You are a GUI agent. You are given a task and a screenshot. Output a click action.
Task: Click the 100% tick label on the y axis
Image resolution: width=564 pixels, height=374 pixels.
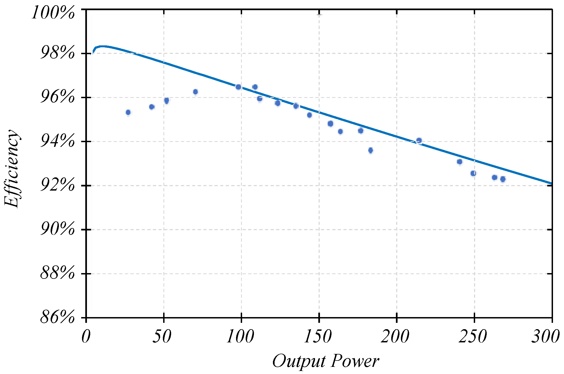[x=53, y=13]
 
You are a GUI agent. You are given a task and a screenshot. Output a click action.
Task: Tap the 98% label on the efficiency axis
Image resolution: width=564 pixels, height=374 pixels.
[x=57, y=53]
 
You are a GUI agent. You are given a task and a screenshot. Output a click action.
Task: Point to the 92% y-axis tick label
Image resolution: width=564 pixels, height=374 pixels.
[x=57, y=185]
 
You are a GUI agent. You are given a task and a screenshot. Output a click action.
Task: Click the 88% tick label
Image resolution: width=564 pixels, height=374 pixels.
[x=57, y=273]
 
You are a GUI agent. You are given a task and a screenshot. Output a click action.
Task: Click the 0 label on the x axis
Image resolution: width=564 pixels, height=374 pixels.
[x=86, y=337]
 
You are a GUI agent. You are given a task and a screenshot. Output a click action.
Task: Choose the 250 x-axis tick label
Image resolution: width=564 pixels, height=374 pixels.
[x=473, y=337]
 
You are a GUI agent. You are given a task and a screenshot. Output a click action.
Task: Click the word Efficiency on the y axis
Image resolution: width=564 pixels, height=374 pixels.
[x=12, y=168]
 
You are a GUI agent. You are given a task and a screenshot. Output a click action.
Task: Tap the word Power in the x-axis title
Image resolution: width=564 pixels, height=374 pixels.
[x=355, y=361]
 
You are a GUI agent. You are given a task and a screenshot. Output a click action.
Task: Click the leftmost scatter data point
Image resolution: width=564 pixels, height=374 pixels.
[x=128, y=112]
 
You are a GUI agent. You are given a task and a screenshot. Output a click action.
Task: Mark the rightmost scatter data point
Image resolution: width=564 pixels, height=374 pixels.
[x=503, y=179]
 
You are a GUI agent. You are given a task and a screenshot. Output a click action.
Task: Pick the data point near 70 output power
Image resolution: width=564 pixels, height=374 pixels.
[x=195, y=92]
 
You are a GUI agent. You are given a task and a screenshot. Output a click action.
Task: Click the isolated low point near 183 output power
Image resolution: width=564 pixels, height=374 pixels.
[x=371, y=150]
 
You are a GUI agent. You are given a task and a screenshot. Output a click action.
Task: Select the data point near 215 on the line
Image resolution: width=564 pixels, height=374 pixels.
[x=419, y=141]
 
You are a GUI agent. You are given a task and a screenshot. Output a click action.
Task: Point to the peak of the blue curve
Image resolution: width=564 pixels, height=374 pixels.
[x=102, y=46]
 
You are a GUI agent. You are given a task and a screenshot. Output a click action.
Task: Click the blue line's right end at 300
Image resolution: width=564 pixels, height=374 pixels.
[x=551, y=183]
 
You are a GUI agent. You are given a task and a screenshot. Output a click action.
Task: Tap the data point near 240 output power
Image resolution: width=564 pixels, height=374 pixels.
[x=459, y=162]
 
